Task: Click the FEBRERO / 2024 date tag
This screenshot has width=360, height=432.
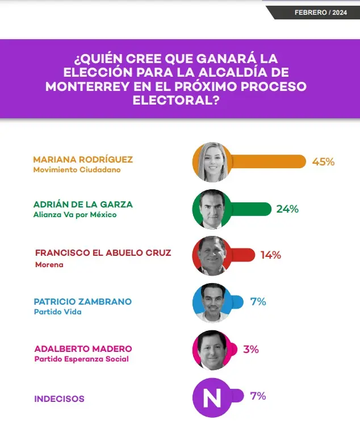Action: point(320,13)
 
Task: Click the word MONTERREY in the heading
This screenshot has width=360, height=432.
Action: point(90,87)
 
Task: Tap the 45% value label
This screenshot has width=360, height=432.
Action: point(323,161)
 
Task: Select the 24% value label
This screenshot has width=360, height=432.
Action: point(287,209)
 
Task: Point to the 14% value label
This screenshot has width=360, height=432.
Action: point(270,255)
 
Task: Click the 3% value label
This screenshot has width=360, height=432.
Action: point(251,350)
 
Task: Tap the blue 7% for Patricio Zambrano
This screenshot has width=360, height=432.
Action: point(258,302)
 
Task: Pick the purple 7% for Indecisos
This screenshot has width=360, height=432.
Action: point(258,396)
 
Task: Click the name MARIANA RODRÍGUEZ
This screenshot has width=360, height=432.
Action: point(83,159)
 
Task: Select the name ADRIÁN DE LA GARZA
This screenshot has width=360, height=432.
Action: point(83,204)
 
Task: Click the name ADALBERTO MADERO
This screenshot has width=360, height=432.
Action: point(83,348)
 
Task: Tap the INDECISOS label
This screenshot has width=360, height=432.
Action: point(59,399)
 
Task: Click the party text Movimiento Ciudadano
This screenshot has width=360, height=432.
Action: point(77,169)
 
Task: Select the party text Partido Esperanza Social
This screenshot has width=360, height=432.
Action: point(82,359)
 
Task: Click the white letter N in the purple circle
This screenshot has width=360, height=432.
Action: point(212,397)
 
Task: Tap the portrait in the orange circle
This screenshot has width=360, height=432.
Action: point(212,162)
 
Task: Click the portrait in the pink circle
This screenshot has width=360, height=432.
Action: point(212,350)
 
